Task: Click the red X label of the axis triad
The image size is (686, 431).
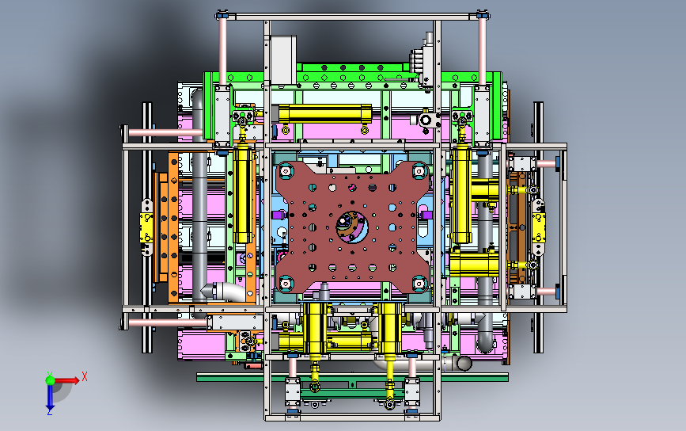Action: pyautogui.click(x=85, y=376)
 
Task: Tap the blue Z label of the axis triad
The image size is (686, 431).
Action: pyautogui.click(x=49, y=412)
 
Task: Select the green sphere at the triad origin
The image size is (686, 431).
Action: pyautogui.click(x=50, y=380)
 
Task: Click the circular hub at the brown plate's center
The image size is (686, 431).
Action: pyautogui.click(x=352, y=227)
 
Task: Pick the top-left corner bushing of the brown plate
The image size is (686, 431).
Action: pyautogui.click(x=286, y=171)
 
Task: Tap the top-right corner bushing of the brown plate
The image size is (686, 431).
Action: pyautogui.click(x=419, y=171)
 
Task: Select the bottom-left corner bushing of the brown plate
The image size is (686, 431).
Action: pyautogui.click(x=286, y=284)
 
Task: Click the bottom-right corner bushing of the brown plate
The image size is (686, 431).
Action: pyautogui.click(x=419, y=284)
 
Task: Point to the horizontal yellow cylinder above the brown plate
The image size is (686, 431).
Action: pyautogui.click(x=324, y=114)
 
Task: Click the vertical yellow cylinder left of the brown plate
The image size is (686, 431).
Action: pyautogui.click(x=243, y=196)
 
